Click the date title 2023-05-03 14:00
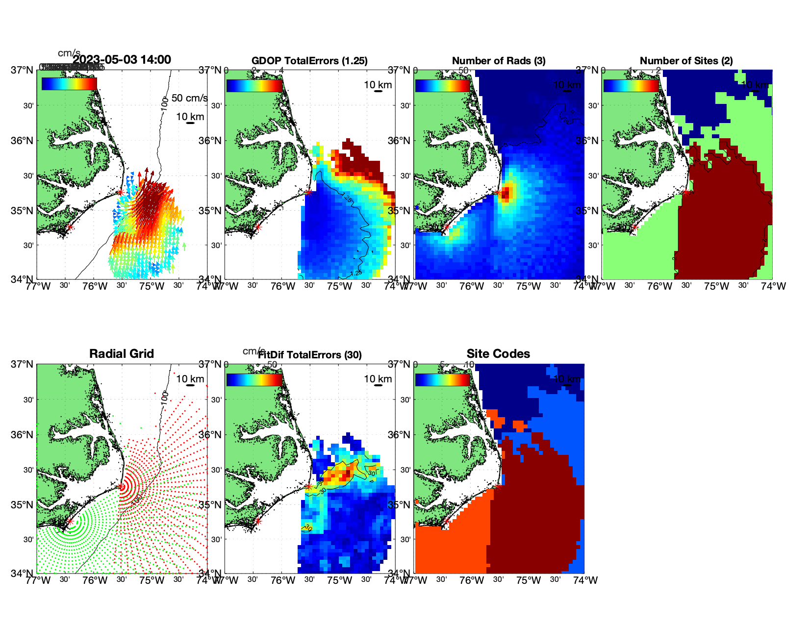(122, 60)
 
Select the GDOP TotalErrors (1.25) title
(309, 61)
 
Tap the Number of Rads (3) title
(499, 61)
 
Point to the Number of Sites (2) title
(686, 61)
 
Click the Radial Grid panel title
(122, 354)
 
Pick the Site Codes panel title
(498, 354)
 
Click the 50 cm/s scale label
(189, 98)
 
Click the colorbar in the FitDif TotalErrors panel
(254, 380)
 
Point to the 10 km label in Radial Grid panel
(190, 379)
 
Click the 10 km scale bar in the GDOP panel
(378, 91)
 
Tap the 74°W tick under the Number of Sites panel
(773, 286)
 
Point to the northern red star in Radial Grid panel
(121, 487)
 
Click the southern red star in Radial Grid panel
(70, 522)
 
